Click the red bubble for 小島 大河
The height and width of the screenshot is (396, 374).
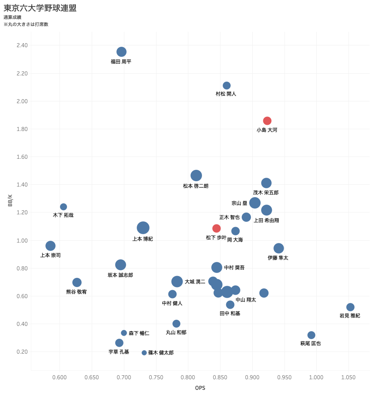pyautogui.click(x=267, y=121)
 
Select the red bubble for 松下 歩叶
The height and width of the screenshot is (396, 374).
pyautogui.click(x=217, y=228)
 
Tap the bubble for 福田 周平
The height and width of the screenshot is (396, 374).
pyautogui.click(x=122, y=52)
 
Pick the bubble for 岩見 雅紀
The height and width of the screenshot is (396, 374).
pyautogui.click(x=351, y=307)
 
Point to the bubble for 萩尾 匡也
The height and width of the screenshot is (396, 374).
pyautogui.click(x=311, y=335)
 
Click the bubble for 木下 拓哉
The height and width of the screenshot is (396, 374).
pyautogui.click(x=64, y=207)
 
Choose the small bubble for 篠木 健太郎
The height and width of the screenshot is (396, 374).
pyautogui.click(x=144, y=353)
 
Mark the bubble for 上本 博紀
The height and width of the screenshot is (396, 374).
pyautogui.click(x=143, y=228)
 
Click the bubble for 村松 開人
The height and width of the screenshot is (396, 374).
pyautogui.click(x=227, y=86)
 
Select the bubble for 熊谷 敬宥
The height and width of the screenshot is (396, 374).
pyautogui.click(x=77, y=283)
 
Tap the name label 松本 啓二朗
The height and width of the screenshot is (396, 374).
pyautogui.click(x=196, y=186)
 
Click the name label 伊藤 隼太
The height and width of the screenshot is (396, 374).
pyautogui.click(x=278, y=258)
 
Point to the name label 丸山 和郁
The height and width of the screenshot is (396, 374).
pyautogui.click(x=176, y=332)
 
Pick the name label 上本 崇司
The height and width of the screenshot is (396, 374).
pyautogui.click(x=51, y=255)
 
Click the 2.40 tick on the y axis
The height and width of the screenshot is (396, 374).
pyautogui.click(x=22, y=45)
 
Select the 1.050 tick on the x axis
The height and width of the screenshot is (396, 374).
pyautogui.click(x=348, y=377)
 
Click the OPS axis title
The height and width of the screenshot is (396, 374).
pyautogui.click(x=200, y=388)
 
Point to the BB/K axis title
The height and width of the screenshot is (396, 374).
pyautogui.click(x=10, y=200)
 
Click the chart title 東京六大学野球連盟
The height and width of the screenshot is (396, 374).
pyautogui.click(x=40, y=8)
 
